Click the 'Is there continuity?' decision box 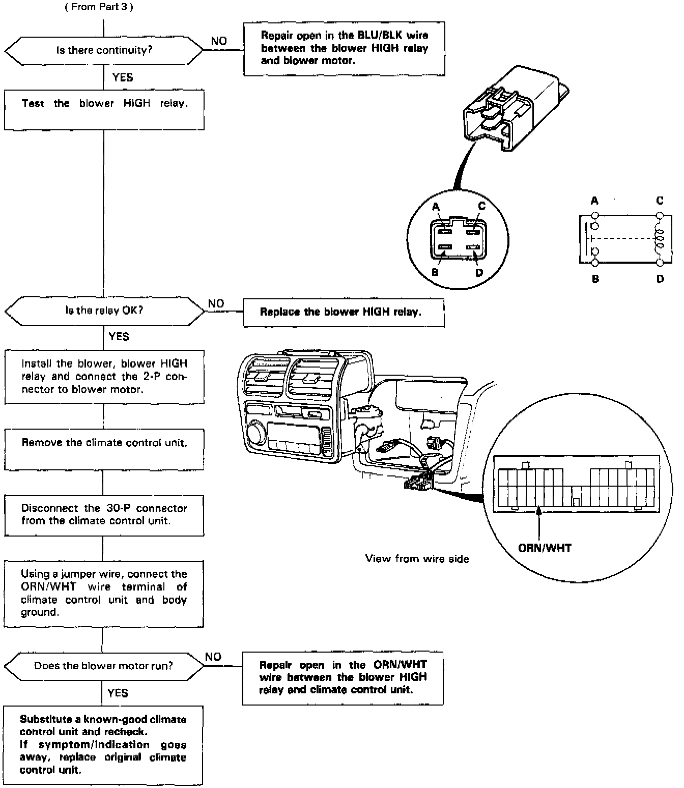pyautogui.click(x=104, y=50)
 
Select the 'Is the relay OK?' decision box pyautogui.click(x=104, y=311)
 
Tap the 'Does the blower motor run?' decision pyautogui.click(x=103, y=666)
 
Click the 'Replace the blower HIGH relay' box pyautogui.click(x=344, y=312)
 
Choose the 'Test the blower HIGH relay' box pyautogui.click(x=104, y=109)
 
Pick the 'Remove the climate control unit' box pyautogui.click(x=104, y=449)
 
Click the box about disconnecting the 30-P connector pyautogui.click(x=104, y=515)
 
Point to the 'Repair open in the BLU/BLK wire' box pyautogui.click(x=344, y=48)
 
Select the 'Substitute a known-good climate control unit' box pyautogui.click(x=103, y=744)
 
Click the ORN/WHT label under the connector pyautogui.click(x=545, y=548)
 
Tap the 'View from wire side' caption pyautogui.click(x=417, y=558)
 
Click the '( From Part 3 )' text pyautogui.click(x=99, y=7)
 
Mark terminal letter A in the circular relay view pyautogui.click(x=436, y=207)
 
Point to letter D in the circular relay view pyautogui.click(x=479, y=273)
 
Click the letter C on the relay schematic pyautogui.click(x=660, y=201)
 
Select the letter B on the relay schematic pyautogui.click(x=595, y=279)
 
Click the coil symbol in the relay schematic pyautogui.click(x=660, y=238)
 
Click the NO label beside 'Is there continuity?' pyautogui.click(x=219, y=41)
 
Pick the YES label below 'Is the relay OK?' pyautogui.click(x=119, y=336)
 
